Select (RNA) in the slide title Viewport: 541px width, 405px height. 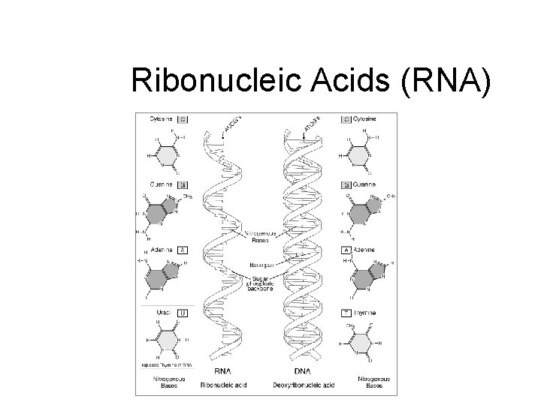click(x=447, y=80)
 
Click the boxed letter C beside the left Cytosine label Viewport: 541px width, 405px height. click(x=183, y=118)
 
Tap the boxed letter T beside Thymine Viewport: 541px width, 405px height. click(x=346, y=313)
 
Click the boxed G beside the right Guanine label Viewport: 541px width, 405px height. click(x=346, y=184)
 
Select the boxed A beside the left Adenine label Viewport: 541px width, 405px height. click(x=183, y=250)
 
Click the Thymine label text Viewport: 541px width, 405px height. click(x=365, y=313)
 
